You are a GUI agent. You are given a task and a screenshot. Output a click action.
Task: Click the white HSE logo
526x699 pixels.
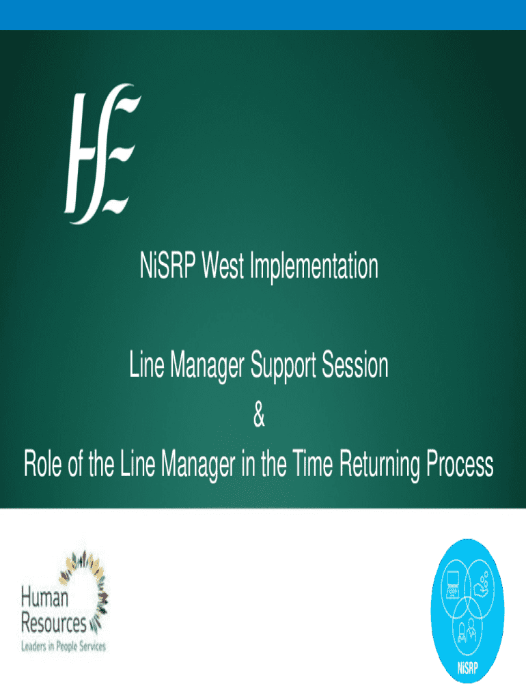102,154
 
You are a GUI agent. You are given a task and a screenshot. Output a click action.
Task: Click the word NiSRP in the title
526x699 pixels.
168,266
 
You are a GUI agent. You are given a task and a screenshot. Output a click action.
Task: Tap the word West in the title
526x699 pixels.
223,266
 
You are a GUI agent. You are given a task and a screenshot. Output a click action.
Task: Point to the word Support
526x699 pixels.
283,367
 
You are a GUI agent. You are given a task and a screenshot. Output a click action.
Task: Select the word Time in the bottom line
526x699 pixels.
313,464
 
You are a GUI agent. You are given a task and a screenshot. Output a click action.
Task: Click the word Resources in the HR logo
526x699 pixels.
53,623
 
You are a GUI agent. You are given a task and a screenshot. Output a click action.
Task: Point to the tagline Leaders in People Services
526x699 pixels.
64,646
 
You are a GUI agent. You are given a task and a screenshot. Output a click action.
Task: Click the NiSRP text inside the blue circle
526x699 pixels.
467,668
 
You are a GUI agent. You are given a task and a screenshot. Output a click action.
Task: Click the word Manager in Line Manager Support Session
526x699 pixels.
208,367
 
